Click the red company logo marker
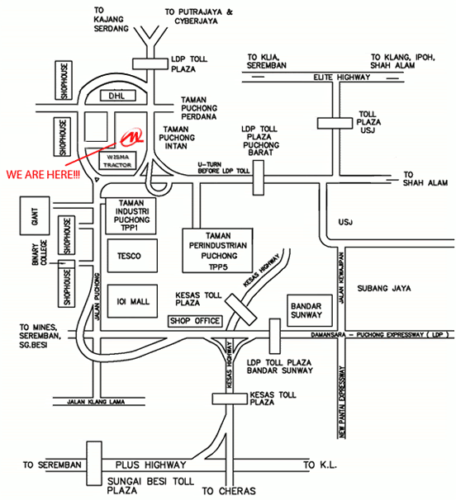point(131,138)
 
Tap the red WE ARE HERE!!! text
point(43,174)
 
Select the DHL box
point(118,96)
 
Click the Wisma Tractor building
point(118,161)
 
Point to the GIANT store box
point(35,216)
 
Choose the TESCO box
point(132,256)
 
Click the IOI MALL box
point(132,301)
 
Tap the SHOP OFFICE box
point(195,321)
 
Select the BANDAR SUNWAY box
point(310,310)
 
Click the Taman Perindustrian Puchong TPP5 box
point(217,251)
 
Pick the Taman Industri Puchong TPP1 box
point(131,215)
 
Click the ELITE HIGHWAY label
point(342,78)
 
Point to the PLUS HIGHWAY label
point(150,465)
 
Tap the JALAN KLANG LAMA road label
point(96,402)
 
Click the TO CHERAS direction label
point(229,491)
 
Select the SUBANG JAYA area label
point(384,288)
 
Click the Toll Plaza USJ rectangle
point(335,124)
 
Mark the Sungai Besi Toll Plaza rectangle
point(94,464)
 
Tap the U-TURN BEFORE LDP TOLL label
point(224,167)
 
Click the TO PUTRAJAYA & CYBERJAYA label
point(198,17)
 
